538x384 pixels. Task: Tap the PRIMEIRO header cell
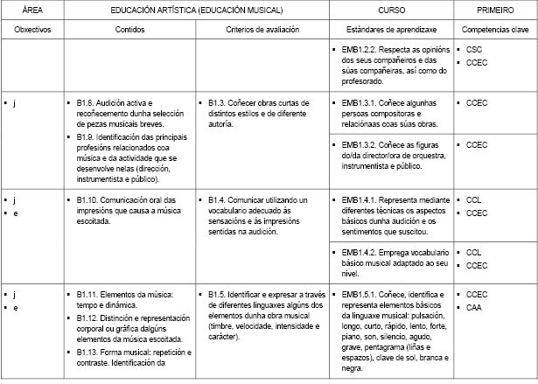[x=495, y=10]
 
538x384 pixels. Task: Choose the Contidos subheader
[x=130, y=29]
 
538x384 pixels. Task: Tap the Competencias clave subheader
[x=495, y=29]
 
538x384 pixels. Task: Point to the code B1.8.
[x=87, y=103]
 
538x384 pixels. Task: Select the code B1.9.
[x=87, y=135]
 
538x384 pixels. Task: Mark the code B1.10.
[x=89, y=200]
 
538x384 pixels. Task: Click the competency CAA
[x=475, y=308]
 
